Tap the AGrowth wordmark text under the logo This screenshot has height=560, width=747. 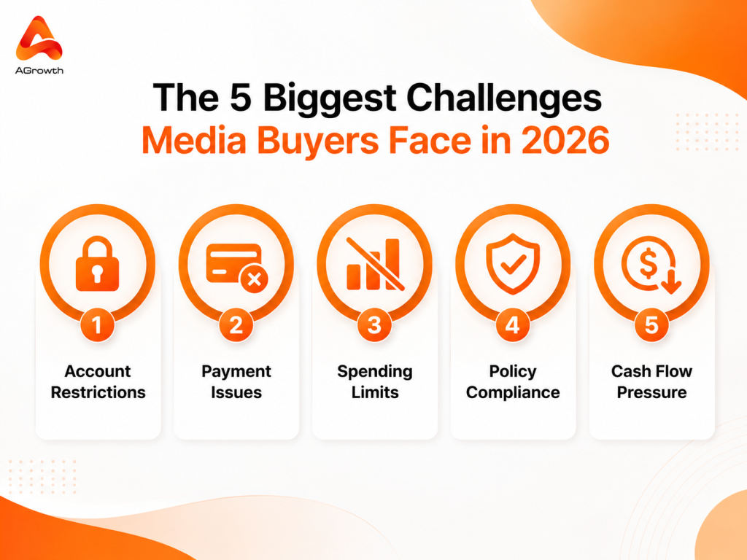(39, 71)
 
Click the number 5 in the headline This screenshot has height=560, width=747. (241, 98)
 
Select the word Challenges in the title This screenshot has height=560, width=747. (503, 99)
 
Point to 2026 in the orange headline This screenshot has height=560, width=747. (565, 141)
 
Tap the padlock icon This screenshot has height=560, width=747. (97, 263)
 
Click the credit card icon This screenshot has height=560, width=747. (237, 268)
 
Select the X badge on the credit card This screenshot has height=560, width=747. (255, 279)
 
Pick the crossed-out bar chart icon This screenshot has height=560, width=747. (375, 263)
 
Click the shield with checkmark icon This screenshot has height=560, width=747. (513, 263)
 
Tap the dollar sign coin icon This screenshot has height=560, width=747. (651, 264)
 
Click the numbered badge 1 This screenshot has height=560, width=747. (97, 325)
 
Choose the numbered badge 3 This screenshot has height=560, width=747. (374, 325)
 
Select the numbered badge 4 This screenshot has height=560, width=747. (513, 325)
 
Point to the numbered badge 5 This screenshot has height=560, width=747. (651, 325)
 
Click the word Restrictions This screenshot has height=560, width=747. (98, 392)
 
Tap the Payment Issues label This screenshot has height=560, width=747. (236, 381)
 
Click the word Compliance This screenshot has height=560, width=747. (513, 393)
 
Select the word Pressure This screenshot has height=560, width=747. (651, 392)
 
